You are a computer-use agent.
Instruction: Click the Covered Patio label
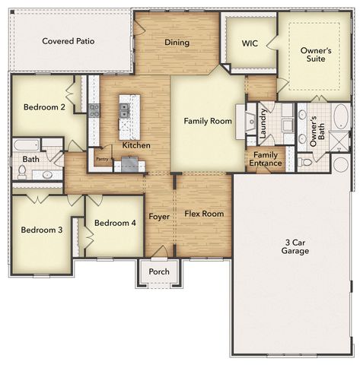click(x=68, y=41)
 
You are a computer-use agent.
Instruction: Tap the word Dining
click(x=177, y=43)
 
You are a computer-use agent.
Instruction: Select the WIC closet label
click(x=250, y=43)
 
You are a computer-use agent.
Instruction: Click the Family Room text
click(x=208, y=121)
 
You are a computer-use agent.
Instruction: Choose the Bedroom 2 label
click(x=44, y=107)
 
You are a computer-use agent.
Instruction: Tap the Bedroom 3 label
click(x=42, y=230)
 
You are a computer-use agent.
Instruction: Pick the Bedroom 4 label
click(x=115, y=223)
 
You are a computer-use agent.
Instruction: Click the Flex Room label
click(x=205, y=214)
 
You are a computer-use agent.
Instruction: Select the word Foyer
click(x=158, y=217)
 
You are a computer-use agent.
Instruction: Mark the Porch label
click(x=159, y=271)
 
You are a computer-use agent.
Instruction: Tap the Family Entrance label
click(x=266, y=159)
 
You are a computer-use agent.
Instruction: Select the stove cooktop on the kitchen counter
click(x=94, y=110)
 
